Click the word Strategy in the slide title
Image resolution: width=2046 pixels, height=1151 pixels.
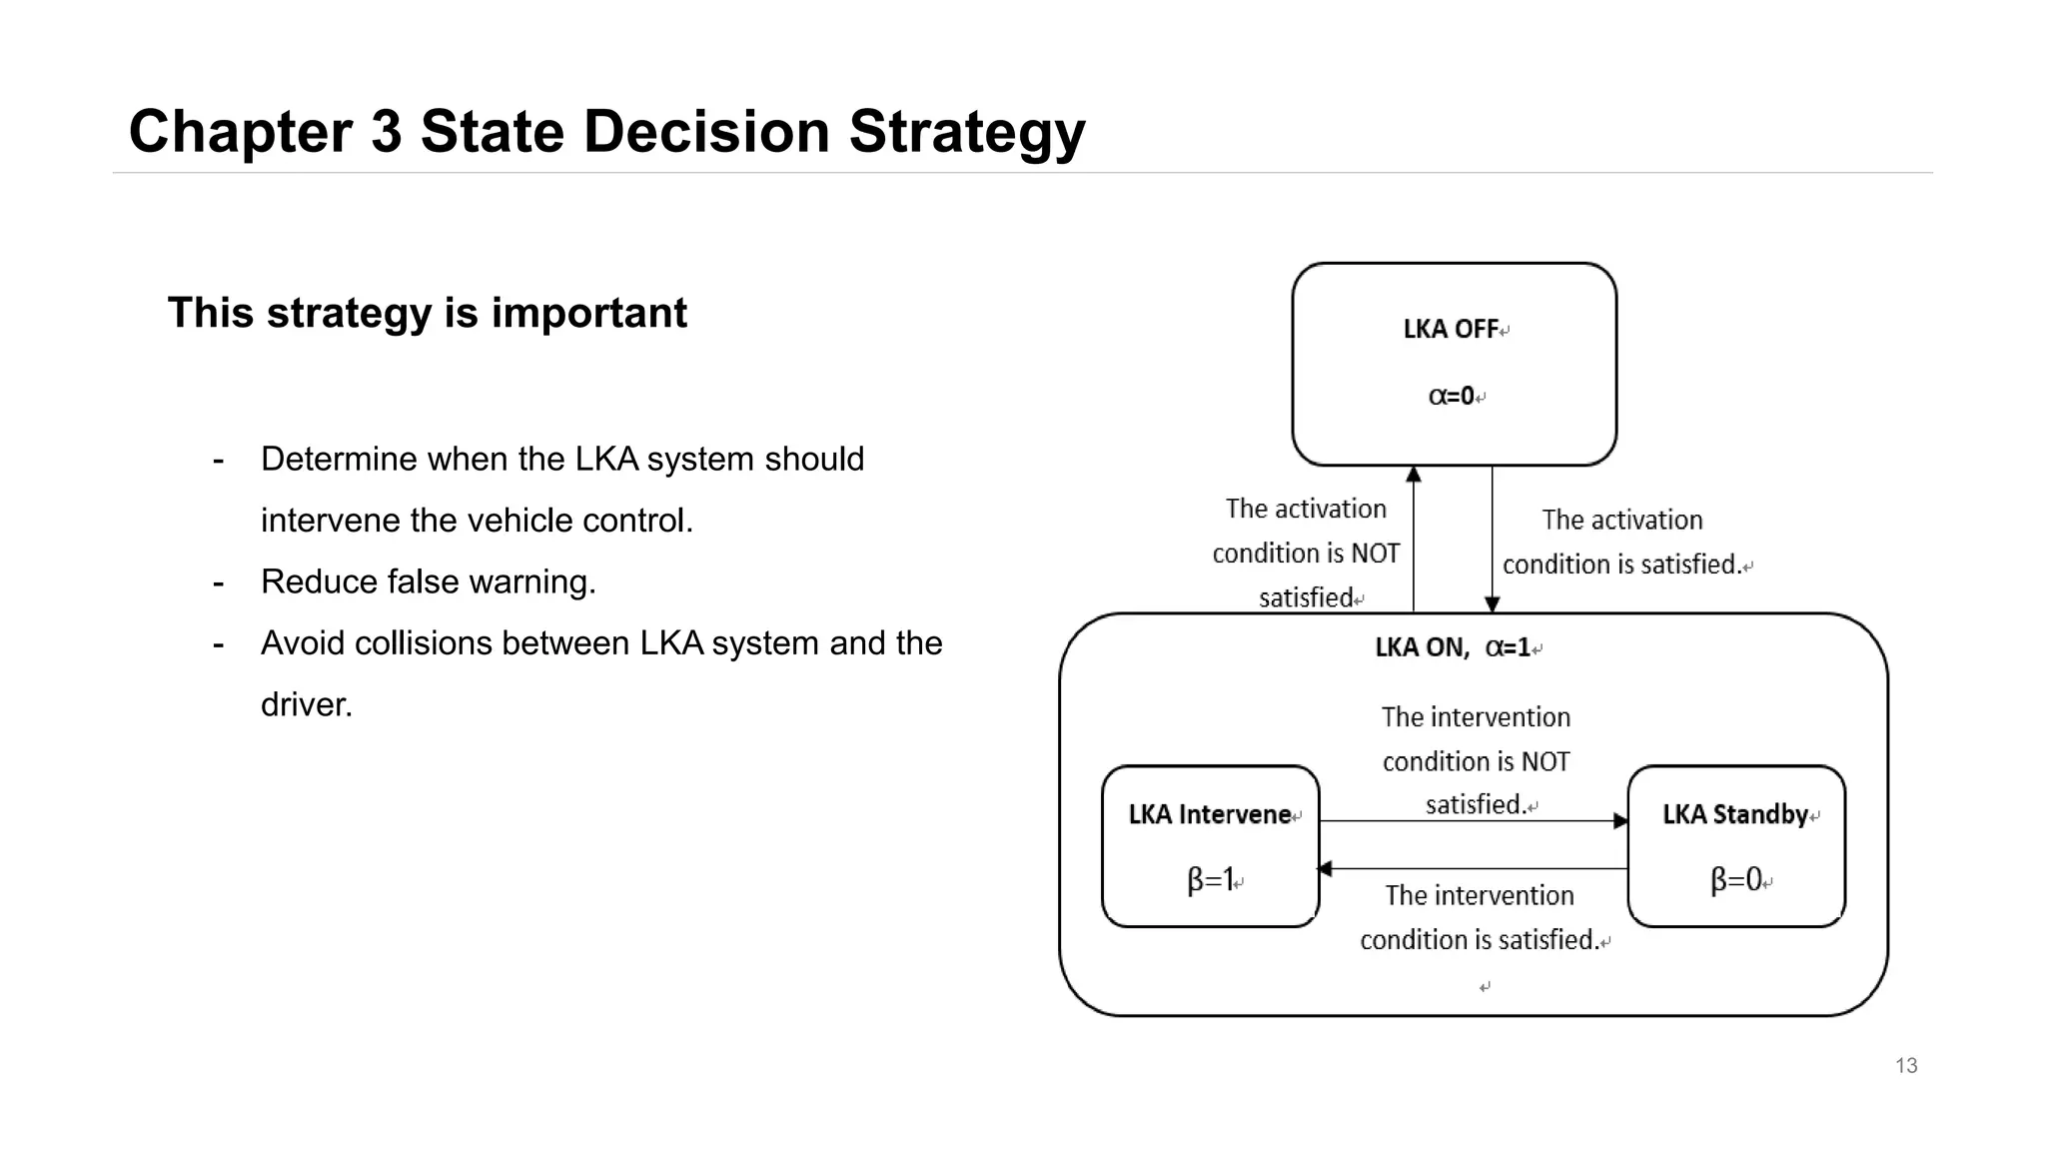(966, 133)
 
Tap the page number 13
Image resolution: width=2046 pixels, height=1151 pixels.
(1905, 1066)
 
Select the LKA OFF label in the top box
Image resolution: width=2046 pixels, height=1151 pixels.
(1451, 330)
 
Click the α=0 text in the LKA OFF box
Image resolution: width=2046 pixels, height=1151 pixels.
(1452, 397)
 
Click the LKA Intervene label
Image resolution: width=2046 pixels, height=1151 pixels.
(1210, 815)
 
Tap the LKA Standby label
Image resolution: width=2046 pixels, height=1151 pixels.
(1735, 815)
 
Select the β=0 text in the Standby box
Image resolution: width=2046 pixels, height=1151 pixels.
(1735, 880)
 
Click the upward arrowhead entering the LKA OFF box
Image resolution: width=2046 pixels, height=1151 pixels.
(1414, 475)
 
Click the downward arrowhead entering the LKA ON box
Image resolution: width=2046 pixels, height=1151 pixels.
(1492, 604)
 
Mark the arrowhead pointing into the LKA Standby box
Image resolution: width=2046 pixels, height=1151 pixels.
(1620, 821)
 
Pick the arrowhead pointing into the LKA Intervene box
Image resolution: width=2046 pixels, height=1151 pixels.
(1326, 869)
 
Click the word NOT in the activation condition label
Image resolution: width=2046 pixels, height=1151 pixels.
(1375, 554)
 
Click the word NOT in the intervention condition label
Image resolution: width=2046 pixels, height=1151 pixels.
(1544, 762)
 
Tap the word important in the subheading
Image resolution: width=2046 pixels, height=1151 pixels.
(588, 314)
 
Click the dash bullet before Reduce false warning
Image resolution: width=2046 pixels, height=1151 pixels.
(218, 582)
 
